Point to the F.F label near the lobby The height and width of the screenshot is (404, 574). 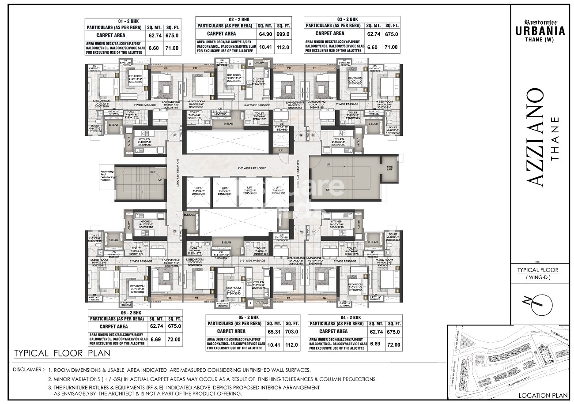click(280, 151)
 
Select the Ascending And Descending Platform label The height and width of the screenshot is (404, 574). click(107, 176)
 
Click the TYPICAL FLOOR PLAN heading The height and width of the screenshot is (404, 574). click(62, 353)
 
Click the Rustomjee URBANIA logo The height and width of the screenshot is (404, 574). click(539, 28)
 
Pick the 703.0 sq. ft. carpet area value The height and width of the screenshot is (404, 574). click(291, 332)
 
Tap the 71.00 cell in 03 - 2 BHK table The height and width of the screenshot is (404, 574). click(391, 47)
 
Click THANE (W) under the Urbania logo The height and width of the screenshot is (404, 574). click(540, 39)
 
